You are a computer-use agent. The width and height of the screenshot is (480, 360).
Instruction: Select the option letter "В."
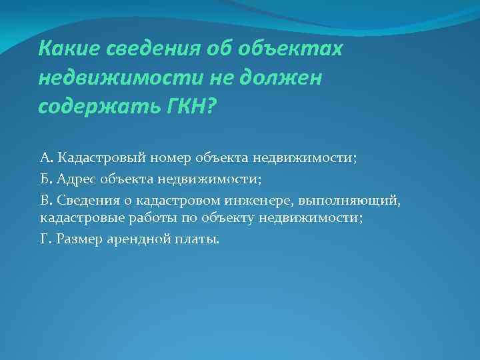(46, 200)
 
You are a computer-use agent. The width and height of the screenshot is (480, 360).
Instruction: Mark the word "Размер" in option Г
(78, 239)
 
